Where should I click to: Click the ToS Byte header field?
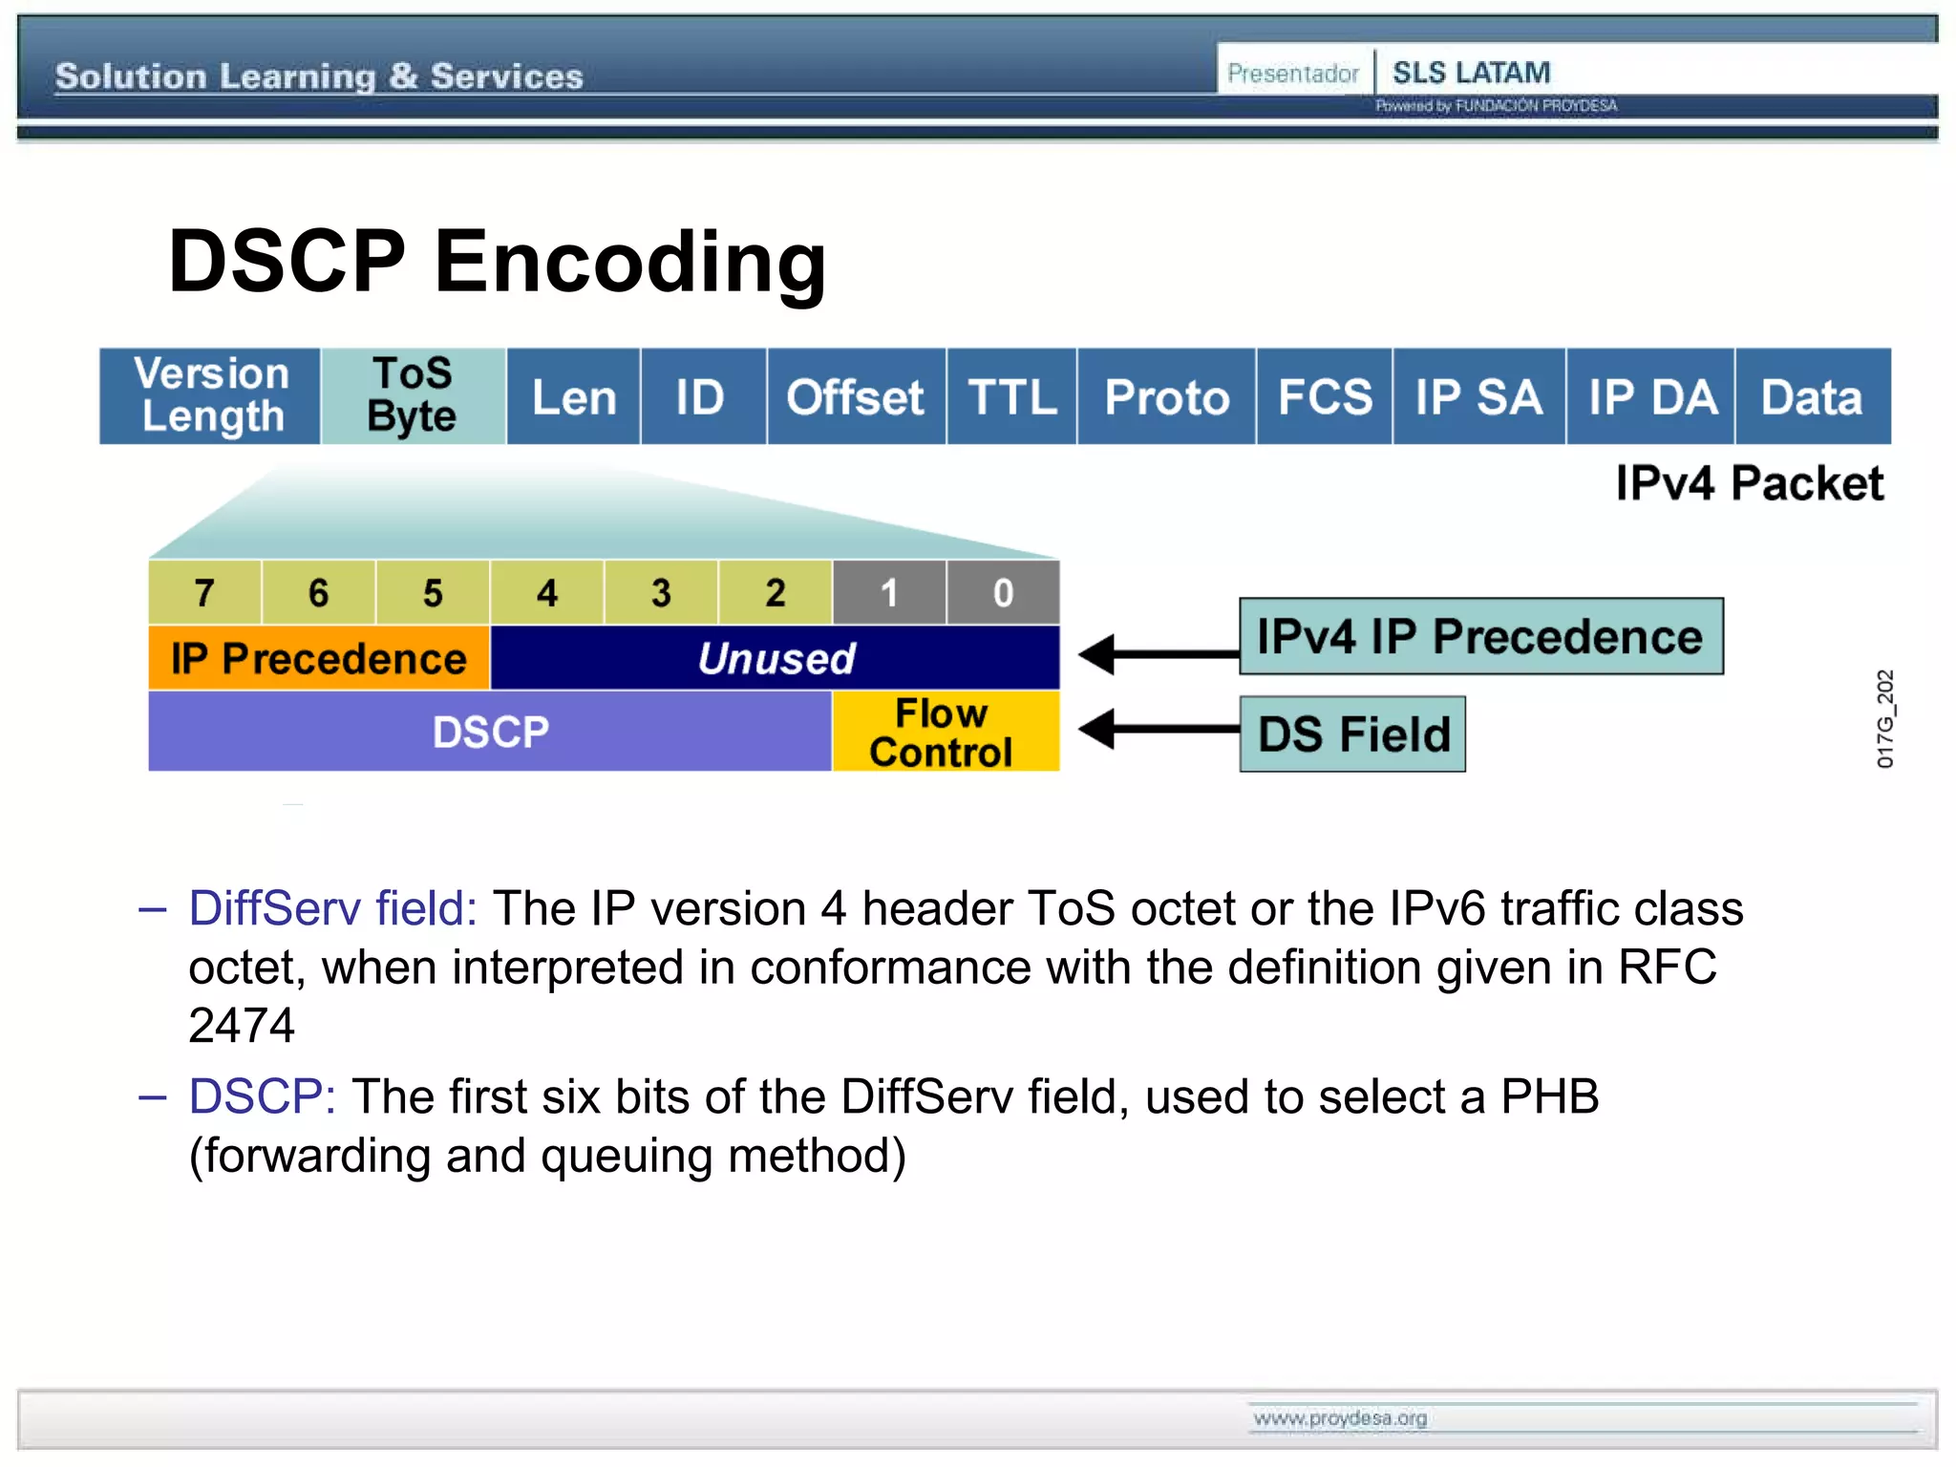click(x=413, y=395)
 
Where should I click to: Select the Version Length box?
click(x=210, y=395)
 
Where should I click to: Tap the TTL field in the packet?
click(x=1011, y=396)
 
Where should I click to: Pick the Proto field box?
click(x=1166, y=396)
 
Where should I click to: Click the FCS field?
click(x=1324, y=396)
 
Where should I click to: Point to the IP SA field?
click(x=1478, y=396)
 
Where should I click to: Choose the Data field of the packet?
click(x=1812, y=396)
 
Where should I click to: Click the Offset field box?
click(x=856, y=396)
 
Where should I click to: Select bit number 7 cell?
click(x=204, y=593)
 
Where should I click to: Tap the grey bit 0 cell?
click(x=1003, y=593)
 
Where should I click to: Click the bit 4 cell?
click(x=546, y=593)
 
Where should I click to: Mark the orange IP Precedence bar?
click(x=319, y=658)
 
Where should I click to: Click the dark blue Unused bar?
click(x=776, y=658)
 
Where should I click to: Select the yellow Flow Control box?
click(x=944, y=732)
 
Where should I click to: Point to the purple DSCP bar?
click(x=490, y=732)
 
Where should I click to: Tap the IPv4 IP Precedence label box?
click(x=1480, y=636)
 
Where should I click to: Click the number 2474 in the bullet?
click(x=242, y=1026)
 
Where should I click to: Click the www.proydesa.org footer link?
click(x=1340, y=1418)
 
